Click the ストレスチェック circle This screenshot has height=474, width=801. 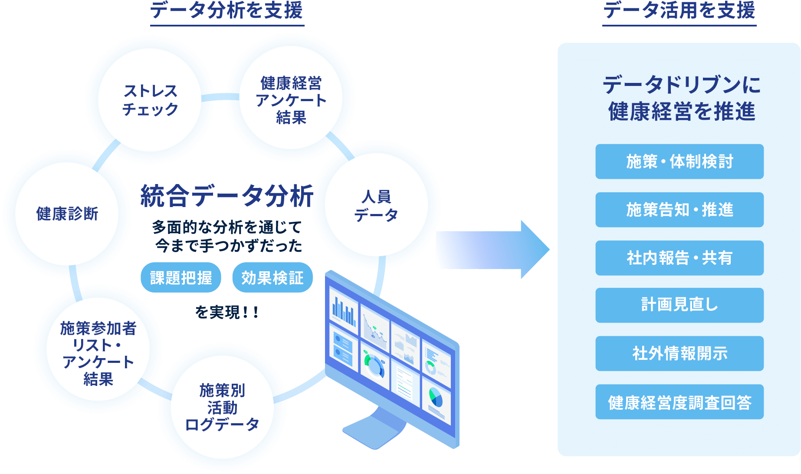pos(150,100)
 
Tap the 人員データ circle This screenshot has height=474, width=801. pos(376,205)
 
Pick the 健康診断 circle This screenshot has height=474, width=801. pos(67,214)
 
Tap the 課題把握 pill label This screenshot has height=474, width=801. pos(181,278)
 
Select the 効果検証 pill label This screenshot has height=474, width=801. pos(272,278)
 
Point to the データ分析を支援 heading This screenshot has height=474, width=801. pos(227,10)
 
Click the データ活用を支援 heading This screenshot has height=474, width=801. pos(679,10)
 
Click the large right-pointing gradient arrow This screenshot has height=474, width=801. pos(492,250)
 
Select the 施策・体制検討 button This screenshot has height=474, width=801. pos(680,161)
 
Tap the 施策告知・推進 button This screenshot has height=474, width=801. pos(680,210)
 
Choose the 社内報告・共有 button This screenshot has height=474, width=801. pos(680,258)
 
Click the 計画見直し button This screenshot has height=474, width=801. pos(680,305)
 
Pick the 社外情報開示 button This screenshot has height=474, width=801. pos(680,353)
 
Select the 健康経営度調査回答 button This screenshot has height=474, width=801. pos(680,402)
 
